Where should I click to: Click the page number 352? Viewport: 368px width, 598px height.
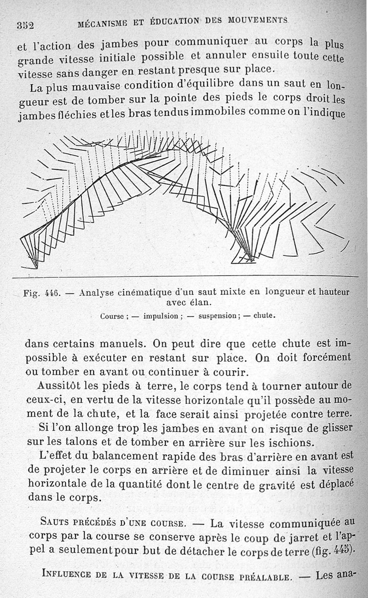[x=25, y=25]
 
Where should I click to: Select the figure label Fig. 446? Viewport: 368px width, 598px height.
[x=42, y=293]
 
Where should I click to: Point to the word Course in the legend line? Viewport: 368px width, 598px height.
[x=112, y=316]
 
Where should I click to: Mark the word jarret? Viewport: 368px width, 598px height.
[x=287, y=536]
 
